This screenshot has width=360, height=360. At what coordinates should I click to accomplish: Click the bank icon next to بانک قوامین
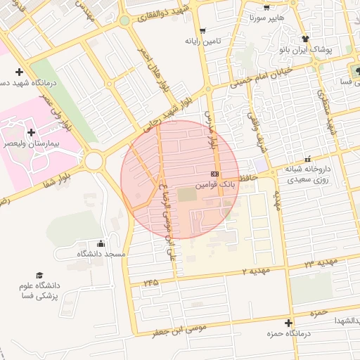(x=214, y=174)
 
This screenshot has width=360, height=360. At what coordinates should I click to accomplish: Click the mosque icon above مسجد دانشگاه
(x=100, y=243)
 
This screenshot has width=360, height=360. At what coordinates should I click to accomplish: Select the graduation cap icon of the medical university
(x=40, y=275)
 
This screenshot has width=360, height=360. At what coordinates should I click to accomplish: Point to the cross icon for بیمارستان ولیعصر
(x=31, y=132)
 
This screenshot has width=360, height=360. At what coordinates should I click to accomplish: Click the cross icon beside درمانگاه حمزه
(x=289, y=322)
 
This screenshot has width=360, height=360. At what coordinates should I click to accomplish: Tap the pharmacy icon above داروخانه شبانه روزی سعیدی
(x=307, y=160)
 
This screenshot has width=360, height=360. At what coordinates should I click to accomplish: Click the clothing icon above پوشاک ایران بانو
(x=304, y=39)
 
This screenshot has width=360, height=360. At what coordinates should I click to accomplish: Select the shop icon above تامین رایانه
(x=203, y=30)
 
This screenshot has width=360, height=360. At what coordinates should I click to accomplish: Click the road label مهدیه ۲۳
(x=321, y=262)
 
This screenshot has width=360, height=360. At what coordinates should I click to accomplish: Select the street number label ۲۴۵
(x=150, y=282)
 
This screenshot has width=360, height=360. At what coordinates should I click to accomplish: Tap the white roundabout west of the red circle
(x=94, y=161)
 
